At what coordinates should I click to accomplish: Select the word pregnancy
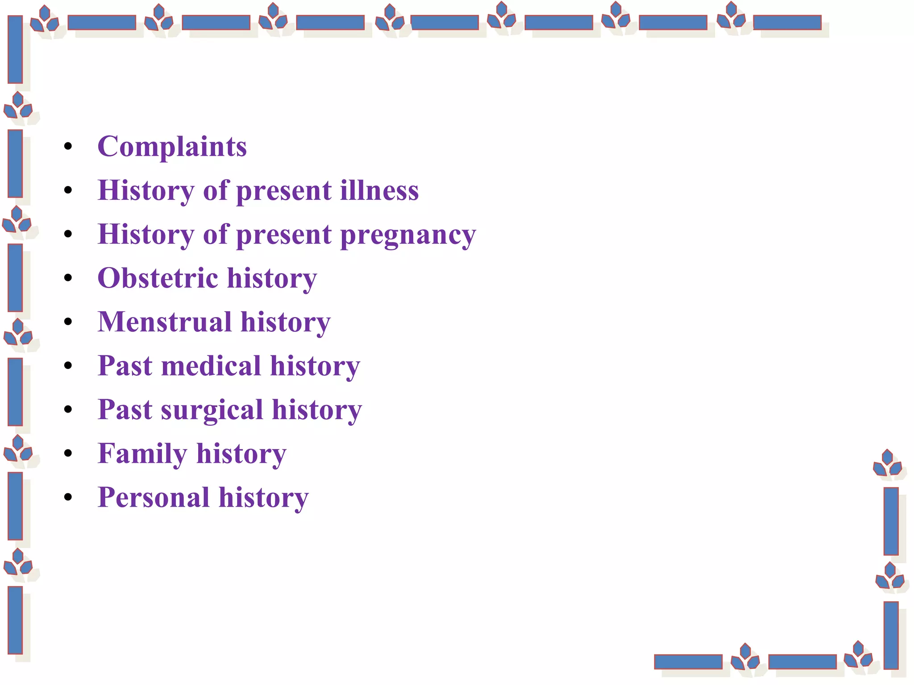[408, 235]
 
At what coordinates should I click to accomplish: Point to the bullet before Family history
[68, 454]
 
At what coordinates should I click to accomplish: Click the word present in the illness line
[283, 191]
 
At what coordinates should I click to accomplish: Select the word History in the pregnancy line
[145, 235]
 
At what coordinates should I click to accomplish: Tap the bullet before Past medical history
[68, 366]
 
